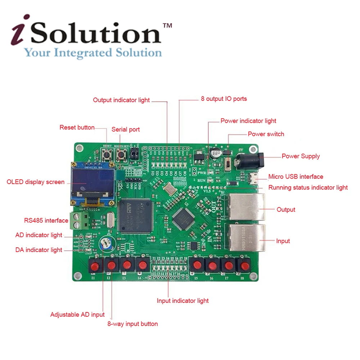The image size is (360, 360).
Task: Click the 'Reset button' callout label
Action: (x=77, y=127)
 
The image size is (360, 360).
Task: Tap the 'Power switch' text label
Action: (x=266, y=134)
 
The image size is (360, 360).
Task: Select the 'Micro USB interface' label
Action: (x=296, y=176)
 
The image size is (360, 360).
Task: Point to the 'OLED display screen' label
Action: (x=36, y=182)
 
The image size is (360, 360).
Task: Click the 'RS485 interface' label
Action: (x=46, y=220)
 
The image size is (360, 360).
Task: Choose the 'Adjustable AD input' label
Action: (x=77, y=315)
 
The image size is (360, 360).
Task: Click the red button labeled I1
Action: (x=95, y=266)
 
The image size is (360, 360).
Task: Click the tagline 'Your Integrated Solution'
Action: (x=93, y=53)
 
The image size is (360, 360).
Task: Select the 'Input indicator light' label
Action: (x=183, y=301)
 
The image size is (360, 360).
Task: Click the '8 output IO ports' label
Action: (x=224, y=99)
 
